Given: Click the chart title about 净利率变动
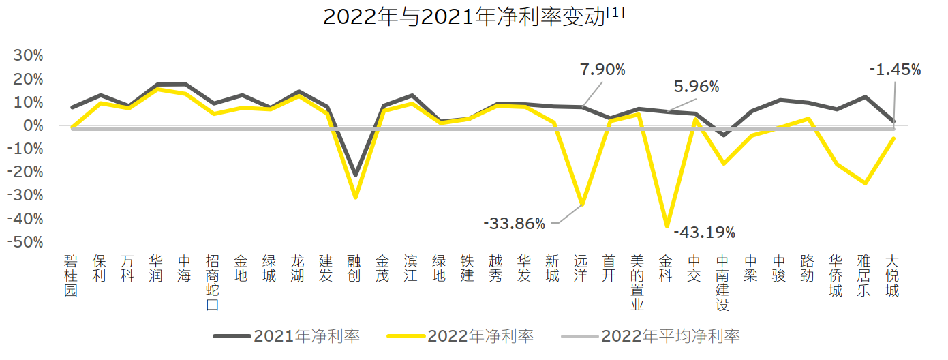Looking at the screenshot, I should point(474,16).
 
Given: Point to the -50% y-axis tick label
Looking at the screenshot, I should point(25,243).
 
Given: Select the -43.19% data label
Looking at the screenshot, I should point(705,233).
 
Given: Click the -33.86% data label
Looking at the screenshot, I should point(515,224).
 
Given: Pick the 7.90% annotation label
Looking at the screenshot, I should point(602,70).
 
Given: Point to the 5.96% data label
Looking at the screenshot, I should point(697,87).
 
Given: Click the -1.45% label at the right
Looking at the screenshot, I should point(896,70).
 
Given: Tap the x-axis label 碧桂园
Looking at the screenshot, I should point(71,275).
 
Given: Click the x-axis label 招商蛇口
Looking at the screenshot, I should point(213,282).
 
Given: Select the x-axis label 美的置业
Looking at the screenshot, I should point(637,282).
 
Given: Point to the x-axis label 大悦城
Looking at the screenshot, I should point(892,275).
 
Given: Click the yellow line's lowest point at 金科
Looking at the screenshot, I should point(667,226).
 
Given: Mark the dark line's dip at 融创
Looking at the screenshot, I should point(354,175).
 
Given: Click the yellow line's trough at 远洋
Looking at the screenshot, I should point(581,204).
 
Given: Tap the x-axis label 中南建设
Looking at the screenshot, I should point(722,282).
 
